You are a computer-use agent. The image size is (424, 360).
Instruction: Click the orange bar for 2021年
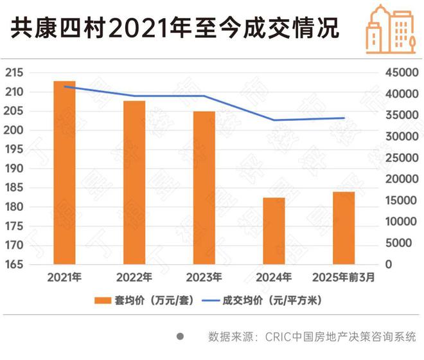pos(64,173)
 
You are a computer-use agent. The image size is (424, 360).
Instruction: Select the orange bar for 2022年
pos(134,183)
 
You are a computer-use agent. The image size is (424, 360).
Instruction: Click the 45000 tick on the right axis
pos(398,73)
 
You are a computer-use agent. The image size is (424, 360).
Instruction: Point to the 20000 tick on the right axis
pos(398,179)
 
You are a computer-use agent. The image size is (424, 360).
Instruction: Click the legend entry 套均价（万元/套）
pos(145,300)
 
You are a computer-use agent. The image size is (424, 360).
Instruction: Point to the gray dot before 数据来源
pos(181,336)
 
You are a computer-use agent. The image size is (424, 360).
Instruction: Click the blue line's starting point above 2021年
pos(65,86)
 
